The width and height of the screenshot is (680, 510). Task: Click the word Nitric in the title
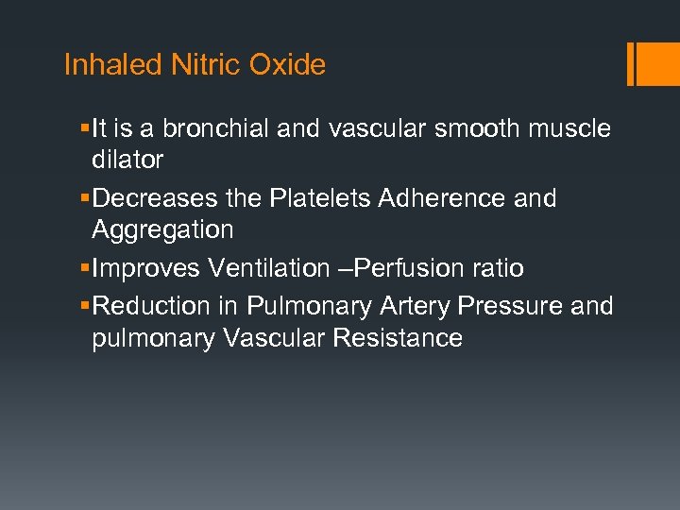209,65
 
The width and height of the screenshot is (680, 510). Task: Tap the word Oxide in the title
287,65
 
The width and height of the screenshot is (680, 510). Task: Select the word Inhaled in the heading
113,65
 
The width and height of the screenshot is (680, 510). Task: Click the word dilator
127,161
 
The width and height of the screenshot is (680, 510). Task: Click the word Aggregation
161,229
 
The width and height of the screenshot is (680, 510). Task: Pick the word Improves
146,268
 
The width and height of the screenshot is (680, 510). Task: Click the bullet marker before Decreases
86,198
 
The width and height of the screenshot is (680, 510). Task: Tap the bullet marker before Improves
86,268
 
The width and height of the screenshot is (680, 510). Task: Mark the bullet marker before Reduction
86,306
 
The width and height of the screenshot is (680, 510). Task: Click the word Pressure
499,306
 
